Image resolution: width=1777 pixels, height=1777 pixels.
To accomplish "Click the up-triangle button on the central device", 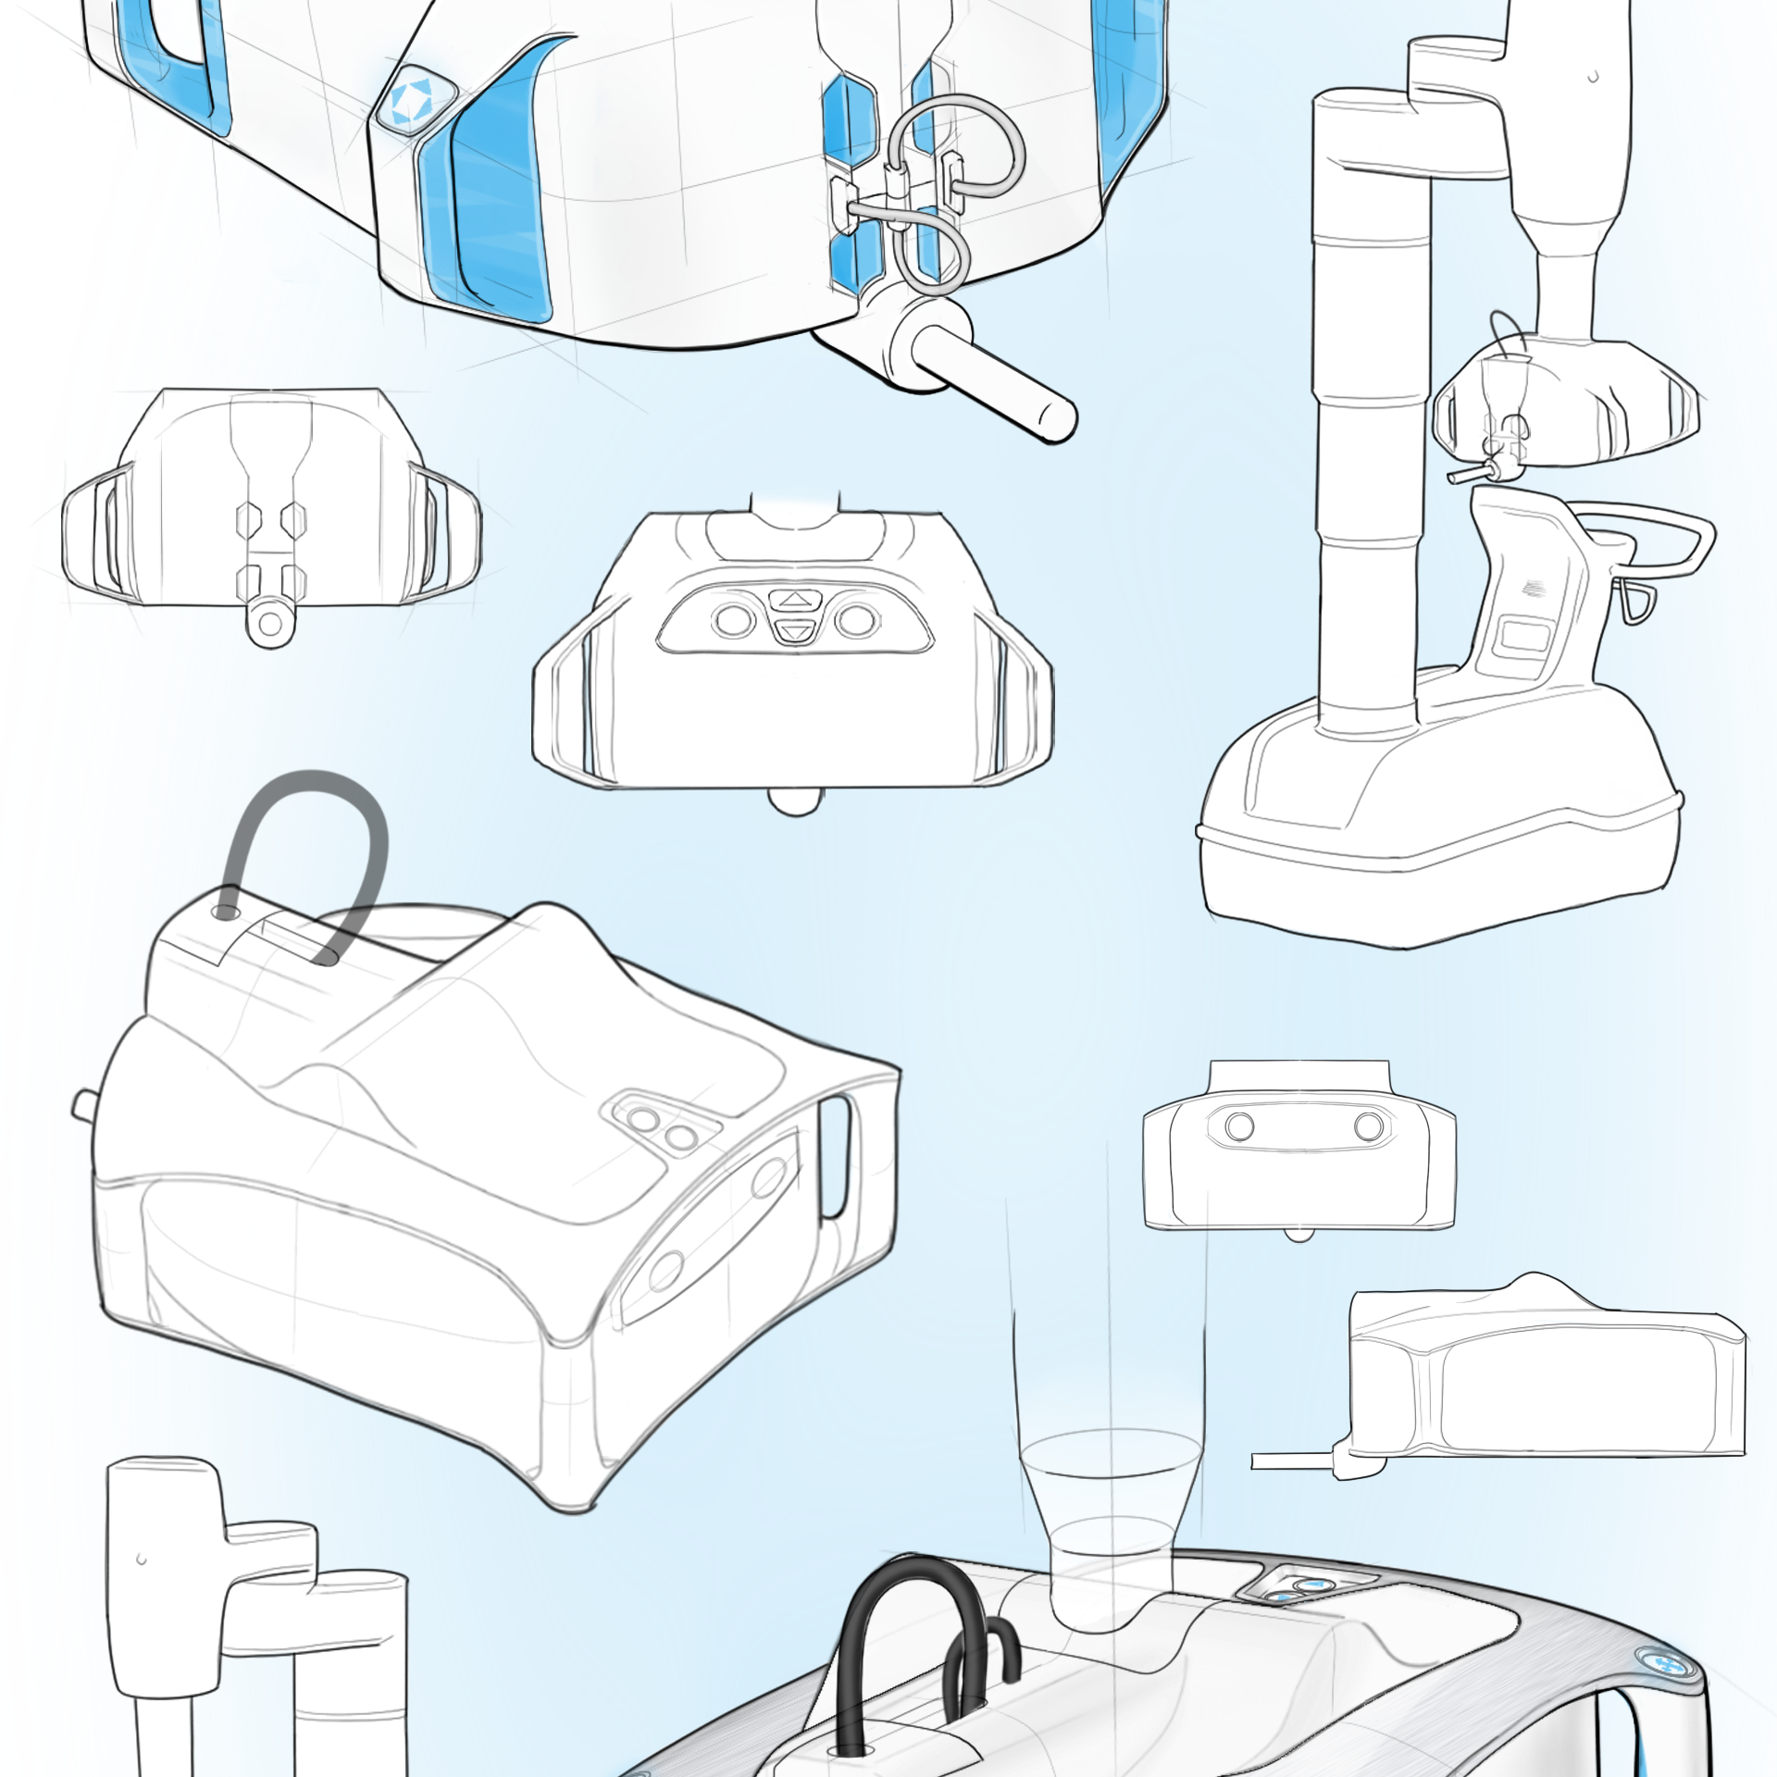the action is tap(793, 600).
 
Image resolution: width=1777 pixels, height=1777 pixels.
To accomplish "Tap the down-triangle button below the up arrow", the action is tap(793, 633).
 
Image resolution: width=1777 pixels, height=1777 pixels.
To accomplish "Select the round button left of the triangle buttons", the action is tap(734, 619).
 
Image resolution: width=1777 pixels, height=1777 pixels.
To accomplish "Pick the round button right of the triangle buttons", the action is tap(857, 619).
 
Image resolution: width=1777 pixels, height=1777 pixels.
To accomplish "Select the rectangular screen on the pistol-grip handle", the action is tap(1524, 637).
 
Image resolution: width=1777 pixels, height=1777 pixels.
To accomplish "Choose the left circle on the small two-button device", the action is tap(1239, 1126).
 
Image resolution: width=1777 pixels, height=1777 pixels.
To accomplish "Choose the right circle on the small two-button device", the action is tap(1368, 1126).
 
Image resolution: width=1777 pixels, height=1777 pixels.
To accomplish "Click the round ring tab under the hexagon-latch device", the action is tap(270, 623).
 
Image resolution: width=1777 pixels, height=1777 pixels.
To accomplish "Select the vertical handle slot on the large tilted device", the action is tap(835, 1157).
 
